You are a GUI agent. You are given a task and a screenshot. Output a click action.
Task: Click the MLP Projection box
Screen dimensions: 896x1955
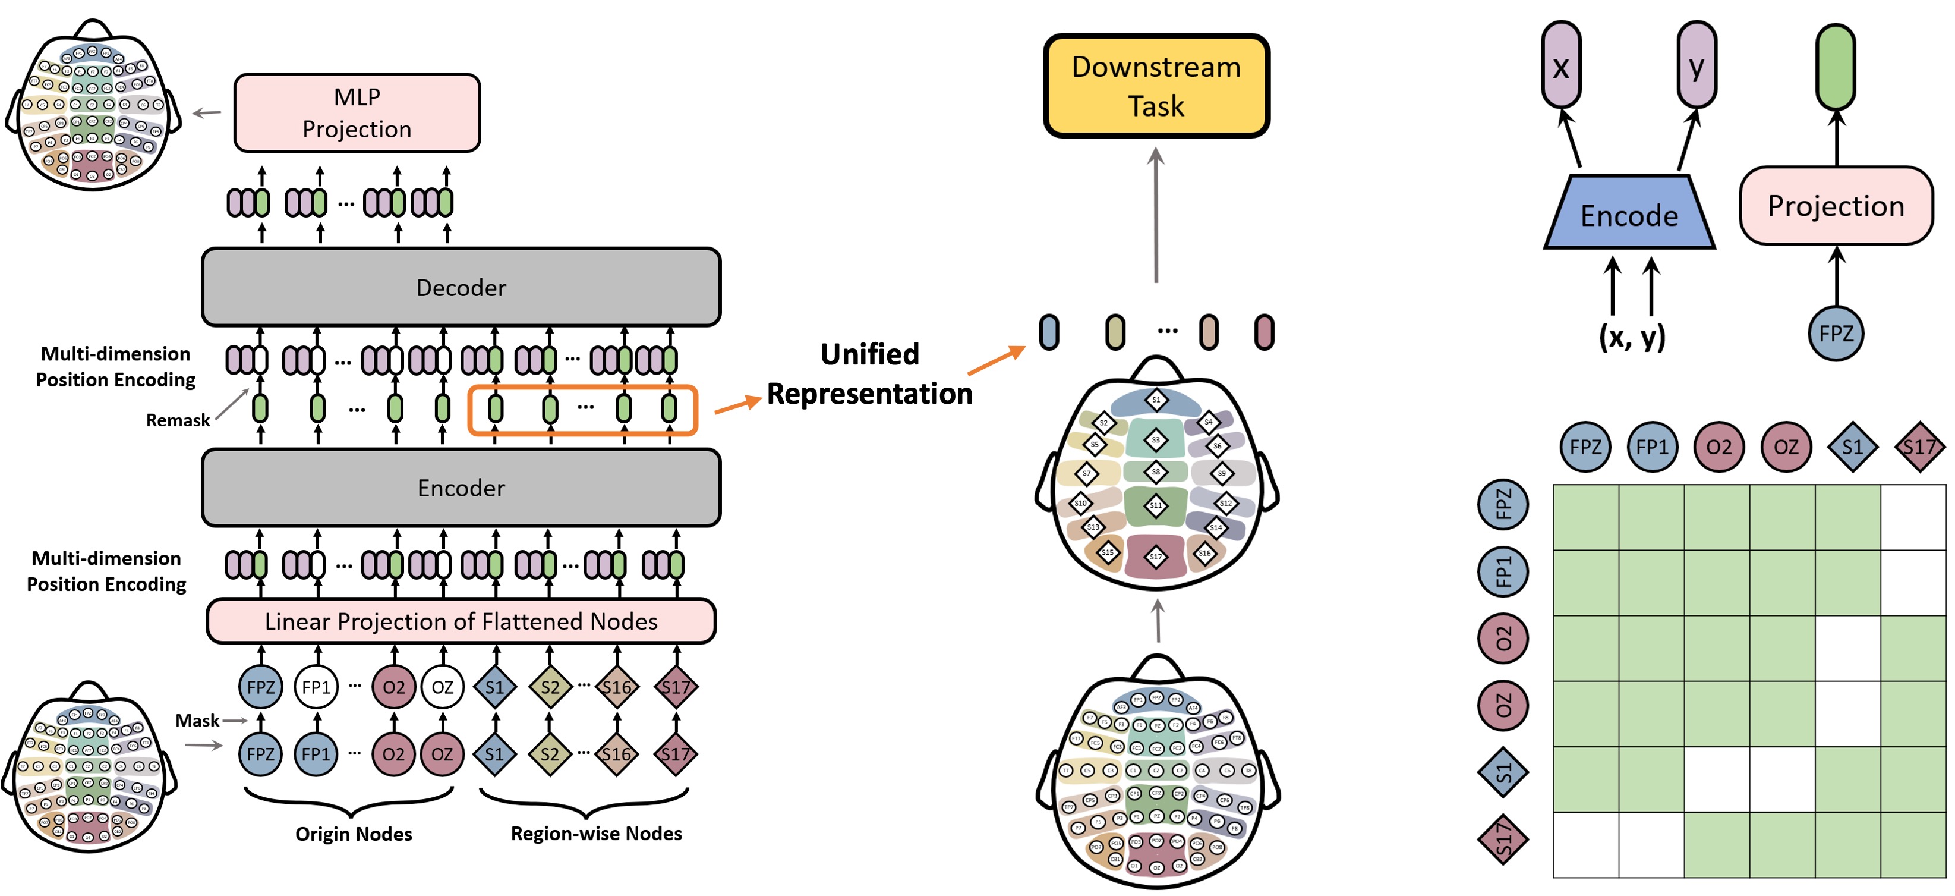click(x=357, y=113)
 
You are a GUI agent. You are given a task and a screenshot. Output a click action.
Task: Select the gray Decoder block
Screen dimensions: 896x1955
click(x=461, y=287)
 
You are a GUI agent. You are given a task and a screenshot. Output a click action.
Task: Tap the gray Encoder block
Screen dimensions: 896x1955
click(x=461, y=488)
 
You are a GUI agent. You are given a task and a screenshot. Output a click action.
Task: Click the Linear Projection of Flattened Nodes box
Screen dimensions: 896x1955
click(x=461, y=621)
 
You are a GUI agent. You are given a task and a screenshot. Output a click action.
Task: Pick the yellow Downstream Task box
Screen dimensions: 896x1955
click(x=1156, y=86)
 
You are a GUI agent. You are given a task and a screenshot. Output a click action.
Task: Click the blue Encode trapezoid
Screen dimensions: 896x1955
click(x=1629, y=214)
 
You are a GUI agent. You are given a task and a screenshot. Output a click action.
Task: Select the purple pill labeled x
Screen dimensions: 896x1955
click(x=1561, y=65)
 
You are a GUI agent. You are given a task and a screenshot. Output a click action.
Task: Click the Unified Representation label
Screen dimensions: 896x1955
click(x=870, y=373)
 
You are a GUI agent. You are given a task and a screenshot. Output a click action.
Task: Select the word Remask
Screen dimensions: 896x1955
click(x=178, y=420)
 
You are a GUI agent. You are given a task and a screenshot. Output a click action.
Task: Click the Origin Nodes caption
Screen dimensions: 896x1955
click(x=354, y=834)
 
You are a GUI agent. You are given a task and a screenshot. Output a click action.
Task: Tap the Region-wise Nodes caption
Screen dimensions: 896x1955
click(x=597, y=834)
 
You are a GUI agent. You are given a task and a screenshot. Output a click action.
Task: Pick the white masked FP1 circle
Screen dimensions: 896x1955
click(x=317, y=687)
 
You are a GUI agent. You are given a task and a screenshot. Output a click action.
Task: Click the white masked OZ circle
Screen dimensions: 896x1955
click(x=443, y=687)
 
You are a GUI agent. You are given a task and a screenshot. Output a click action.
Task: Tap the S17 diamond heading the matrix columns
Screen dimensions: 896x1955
click(x=1919, y=447)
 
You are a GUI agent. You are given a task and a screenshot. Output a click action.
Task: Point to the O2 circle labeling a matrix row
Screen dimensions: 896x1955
click(x=1503, y=639)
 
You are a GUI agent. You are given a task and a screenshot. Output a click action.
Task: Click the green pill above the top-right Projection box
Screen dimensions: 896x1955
click(x=1836, y=67)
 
